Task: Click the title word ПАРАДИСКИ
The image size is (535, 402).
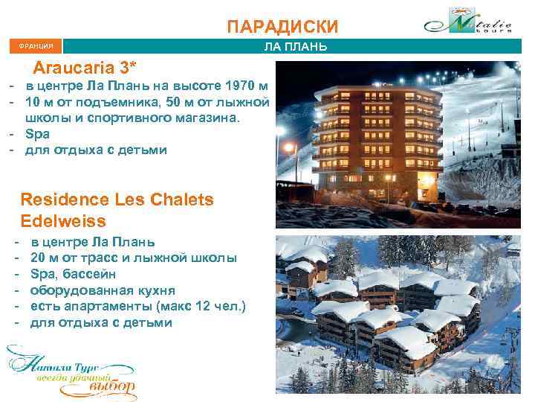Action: [x=282, y=28]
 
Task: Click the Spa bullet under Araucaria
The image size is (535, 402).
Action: [x=37, y=134]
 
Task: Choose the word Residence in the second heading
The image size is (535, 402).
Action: [x=65, y=200]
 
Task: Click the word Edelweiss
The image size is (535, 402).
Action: [x=64, y=221]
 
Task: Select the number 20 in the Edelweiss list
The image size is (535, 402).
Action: [x=38, y=258]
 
